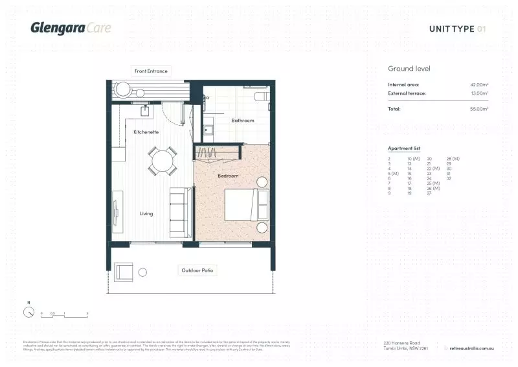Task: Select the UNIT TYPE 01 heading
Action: point(457,29)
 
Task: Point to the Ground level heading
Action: point(409,69)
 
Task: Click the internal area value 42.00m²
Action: point(479,85)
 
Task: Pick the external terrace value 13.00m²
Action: point(479,93)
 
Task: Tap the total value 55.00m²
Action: point(479,109)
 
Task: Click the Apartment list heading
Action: point(404,148)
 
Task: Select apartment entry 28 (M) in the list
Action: point(453,158)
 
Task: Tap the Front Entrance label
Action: point(151,71)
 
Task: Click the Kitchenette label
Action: point(146,132)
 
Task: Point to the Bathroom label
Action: point(243,120)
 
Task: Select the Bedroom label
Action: point(227,176)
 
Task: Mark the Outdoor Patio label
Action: point(196,270)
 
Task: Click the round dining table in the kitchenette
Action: point(162,161)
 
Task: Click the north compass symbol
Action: point(28,312)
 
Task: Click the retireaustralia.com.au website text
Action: point(472,348)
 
